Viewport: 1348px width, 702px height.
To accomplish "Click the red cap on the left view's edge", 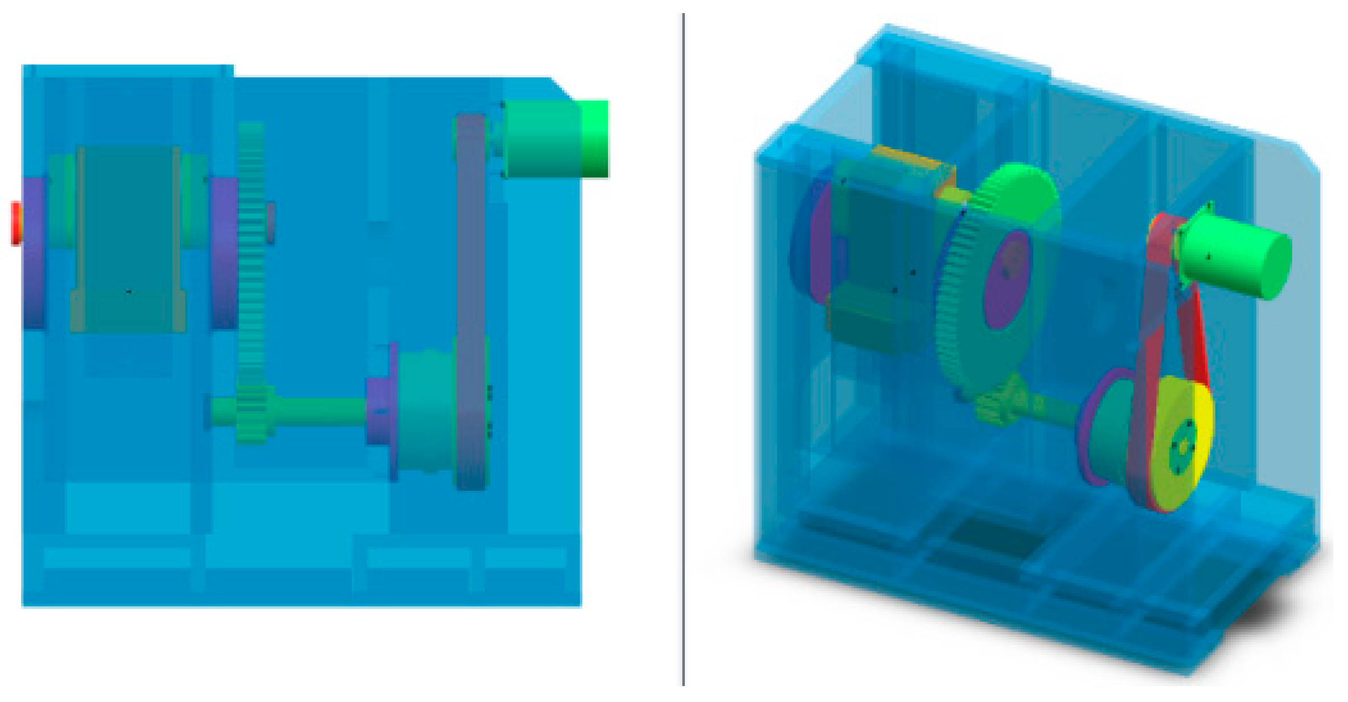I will (x=17, y=223).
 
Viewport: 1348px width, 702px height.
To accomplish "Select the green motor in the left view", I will (x=555, y=139).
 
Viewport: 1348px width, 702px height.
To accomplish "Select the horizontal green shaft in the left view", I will (x=319, y=411).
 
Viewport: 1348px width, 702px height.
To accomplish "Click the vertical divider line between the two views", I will (x=683, y=342).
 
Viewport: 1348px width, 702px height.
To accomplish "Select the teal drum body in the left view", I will (x=128, y=239).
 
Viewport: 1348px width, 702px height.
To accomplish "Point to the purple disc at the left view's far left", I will (x=34, y=253).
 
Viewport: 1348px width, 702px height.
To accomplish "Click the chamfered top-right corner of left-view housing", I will (x=564, y=89).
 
